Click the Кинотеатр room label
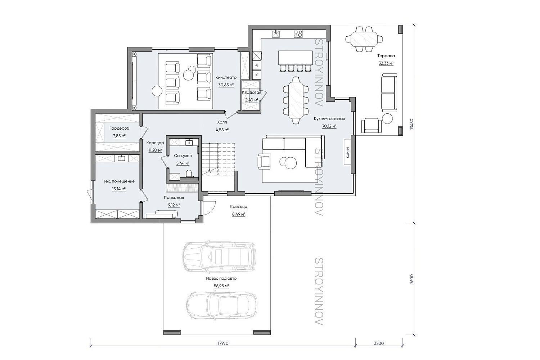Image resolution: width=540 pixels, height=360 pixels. click(226, 77)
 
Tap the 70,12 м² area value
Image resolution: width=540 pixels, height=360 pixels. click(329, 126)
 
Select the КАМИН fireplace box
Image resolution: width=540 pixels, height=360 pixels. click(347, 152)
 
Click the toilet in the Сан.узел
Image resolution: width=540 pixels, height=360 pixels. click(189, 174)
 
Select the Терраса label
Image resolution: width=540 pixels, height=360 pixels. click(386, 56)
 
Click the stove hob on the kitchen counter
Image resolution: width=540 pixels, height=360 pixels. click(298, 33)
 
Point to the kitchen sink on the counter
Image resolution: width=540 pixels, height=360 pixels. click(276, 33)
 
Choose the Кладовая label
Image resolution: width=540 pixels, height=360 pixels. click(251, 93)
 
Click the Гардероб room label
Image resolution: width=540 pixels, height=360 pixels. click(119, 128)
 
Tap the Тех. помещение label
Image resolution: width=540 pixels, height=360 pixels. click(119, 181)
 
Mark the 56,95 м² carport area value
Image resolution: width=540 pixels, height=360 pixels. click(221, 286)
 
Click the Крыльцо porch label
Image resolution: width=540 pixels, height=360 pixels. click(239, 207)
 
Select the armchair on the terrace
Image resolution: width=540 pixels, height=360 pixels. click(371, 125)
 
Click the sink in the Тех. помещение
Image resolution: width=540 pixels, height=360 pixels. click(121, 158)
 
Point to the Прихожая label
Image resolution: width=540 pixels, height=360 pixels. click(174, 198)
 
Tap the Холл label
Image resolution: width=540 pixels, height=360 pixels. click(222, 122)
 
